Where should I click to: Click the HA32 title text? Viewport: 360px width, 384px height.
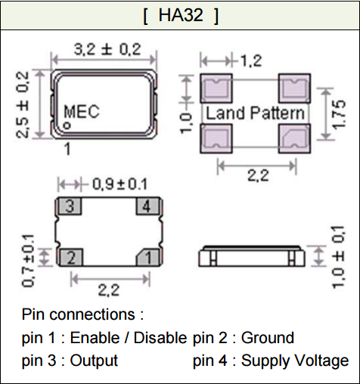(x=181, y=15)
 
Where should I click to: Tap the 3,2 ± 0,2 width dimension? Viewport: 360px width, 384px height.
(x=107, y=49)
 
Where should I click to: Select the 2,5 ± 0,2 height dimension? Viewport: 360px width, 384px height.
(x=23, y=104)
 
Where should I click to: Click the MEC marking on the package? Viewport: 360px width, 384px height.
(x=82, y=111)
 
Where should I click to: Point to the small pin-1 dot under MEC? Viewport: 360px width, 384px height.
(x=67, y=125)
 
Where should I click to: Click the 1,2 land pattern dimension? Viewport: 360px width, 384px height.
(x=251, y=60)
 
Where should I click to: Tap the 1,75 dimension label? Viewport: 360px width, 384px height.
(x=339, y=114)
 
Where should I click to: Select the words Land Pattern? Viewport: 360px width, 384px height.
(x=255, y=113)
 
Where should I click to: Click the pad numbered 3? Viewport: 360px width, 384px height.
(x=70, y=206)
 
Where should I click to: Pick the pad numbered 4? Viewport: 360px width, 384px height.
(x=148, y=206)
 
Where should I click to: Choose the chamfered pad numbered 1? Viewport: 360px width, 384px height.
(x=148, y=257)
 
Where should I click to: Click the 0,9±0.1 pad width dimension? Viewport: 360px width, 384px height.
(x=119, y=184)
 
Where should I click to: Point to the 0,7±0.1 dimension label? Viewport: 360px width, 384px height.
(x=28, y=261)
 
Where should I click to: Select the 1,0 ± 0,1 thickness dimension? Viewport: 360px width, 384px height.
(x=338, y=257)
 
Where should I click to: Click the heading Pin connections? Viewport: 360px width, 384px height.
(x=82, y=314)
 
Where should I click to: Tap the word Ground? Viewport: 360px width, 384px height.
(x=268, y=338)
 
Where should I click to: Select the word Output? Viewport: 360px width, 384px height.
(x=94, y=361)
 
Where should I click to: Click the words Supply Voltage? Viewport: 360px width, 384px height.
(x=295, y=361)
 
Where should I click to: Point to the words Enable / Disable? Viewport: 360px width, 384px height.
(x=129, y=338)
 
